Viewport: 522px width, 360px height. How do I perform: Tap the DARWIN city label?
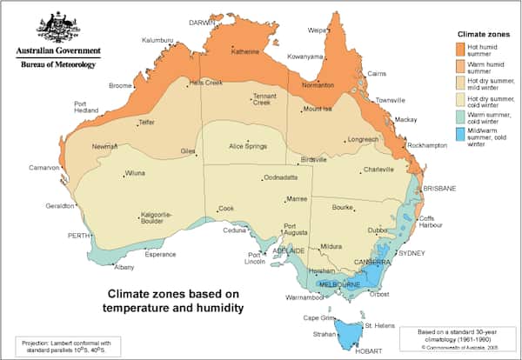tap(203, 23)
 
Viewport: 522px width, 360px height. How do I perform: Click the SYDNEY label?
tap(410, 253)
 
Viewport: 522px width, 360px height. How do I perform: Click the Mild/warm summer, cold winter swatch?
tap(461, 134)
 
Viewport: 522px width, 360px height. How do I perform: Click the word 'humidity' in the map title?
tap(212, 308)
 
